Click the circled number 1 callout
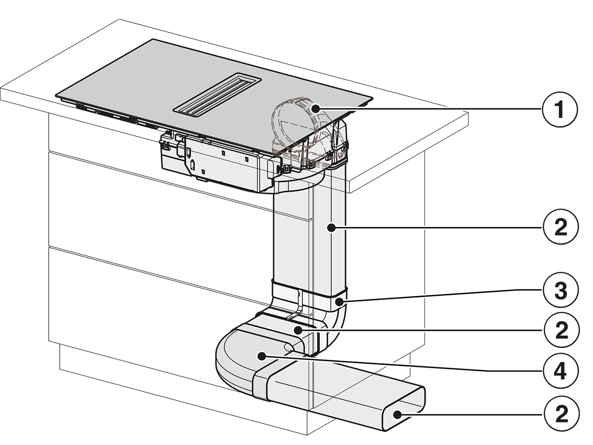tap(560, 109)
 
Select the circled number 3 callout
tap(560, 289)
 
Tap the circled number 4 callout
tap(560, 371)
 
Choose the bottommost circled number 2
tap(561, 414)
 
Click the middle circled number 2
tap(561, 330)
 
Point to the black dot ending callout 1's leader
tap(315, 109)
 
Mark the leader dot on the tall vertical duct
tap(331, 228)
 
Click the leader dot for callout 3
tap(339, 301)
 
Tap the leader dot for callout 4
tap(261, 356)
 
